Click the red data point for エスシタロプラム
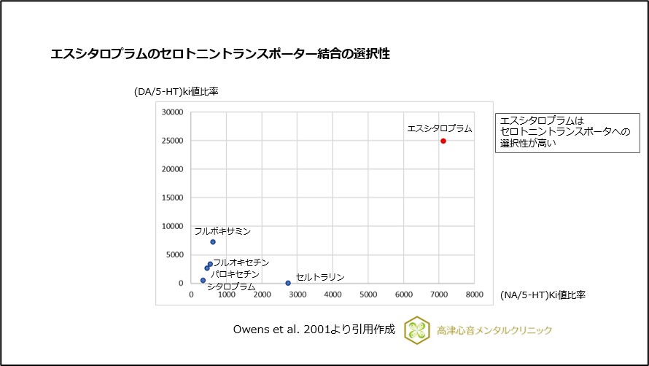pyautogui.click(x=443, y=141)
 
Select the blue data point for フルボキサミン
pyautogui.click(x=213, y=242)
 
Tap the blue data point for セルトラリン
pyautogui.click(x=288, y=283)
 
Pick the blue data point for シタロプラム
pyautogui.click(x=203, y=280)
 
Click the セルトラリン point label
pyautogui.click(x=319, y=277)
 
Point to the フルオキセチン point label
pyautogui.click(x=241, y=262)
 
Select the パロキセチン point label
pyautogui.click(x=235, y=273)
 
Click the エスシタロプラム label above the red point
pyautogui.click(x=439, y=128)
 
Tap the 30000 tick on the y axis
pyautogui.click(x=172, y=113)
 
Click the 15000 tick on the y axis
pyautogui.click(x=172, y=198)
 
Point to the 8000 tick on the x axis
pyautogui.click(x=474, y=295)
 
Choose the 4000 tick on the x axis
pyautogui.click(x=333, y=295)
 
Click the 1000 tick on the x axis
pyautogui.click(x=227, y=295)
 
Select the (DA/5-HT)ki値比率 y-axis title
pyautogui.click(x=176, y=92)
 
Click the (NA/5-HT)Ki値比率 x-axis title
pyautogui.click(x=543, y=295)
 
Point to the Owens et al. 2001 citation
pyautogui.click(x=314, y=330)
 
